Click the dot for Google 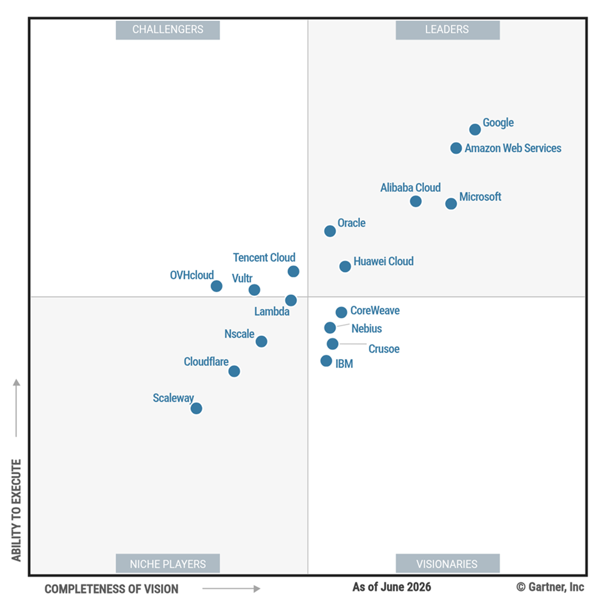pyautogui.click(x=475, y=130)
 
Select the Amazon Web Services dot pyautogui.click(x=456, y=148)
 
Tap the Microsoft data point pyautogui.click(x=451, y=203)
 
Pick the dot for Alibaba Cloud pyautogui.click(x=416, y=201)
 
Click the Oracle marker pyautogui.click(x=330, y=231)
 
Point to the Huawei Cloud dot pyautogui.click(x=345, y=266)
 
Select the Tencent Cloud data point pyautogui.click(x=294, y=271)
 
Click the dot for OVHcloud pyautogui.click(x=216, y=286)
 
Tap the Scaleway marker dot pyautogui.click(x=196, y=408)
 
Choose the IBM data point pyautogui.click(x=326, y=361)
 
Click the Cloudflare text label pyautogui.click(x=206, y=362)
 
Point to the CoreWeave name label pyautogui.click(x=375, y=311)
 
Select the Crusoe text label pyautogui.click(x=384, y=349)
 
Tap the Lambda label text pyautogui.click(x=272, y=312)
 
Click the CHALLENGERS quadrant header pyautogui.click(x=168, y=30)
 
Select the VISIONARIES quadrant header pyautogui.click(x=448, y=563)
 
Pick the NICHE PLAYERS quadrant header pyautogui.click(x=168, y=563)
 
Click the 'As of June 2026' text pyautogui.click(x=392, y=587)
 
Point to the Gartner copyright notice pyautogui.click(x=550, y=587)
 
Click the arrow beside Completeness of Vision pyautogui.click(x=231, y=589)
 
